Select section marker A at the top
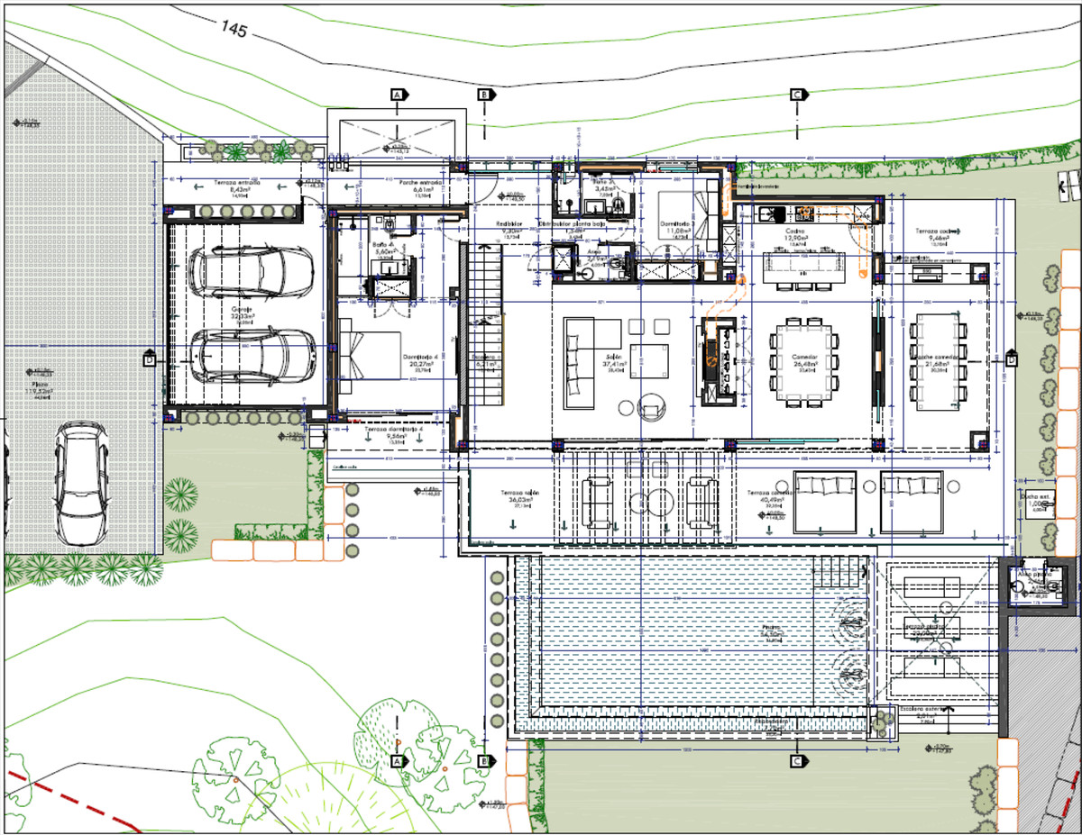tap(398, 94)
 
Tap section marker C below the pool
tap(797, 761)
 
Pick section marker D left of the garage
tap(149, 360)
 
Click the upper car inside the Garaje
tap(252, 273)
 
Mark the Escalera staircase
tap(484, 343)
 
